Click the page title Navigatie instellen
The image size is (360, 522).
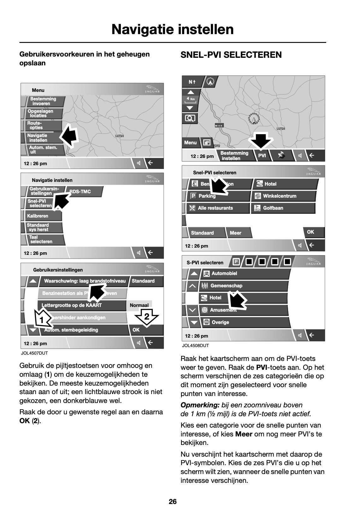(172, 30)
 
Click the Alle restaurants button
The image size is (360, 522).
(215, 208)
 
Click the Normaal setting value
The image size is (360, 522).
(139, 305)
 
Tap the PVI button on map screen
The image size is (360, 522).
(262, 156)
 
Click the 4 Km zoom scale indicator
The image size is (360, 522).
(190, 99)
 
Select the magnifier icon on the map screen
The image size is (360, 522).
(190, 118)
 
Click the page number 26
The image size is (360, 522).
(173, 501)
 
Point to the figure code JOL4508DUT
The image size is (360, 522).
(195, 346)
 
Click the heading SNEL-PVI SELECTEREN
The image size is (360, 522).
(231, 55)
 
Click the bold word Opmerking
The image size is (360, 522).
(200, 405)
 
